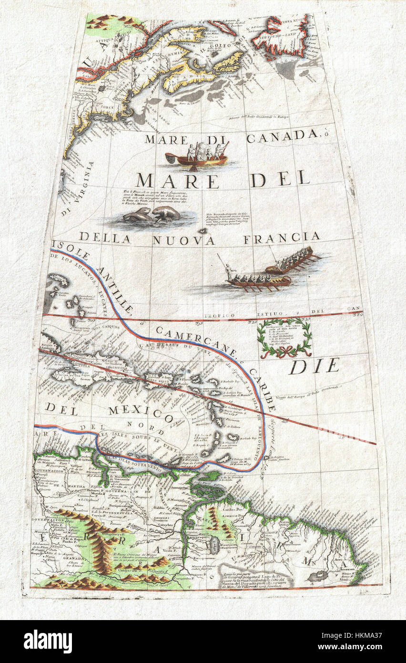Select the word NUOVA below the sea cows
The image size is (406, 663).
[x=183, y=240]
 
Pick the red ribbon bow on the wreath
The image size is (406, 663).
[x=284, y=353]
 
